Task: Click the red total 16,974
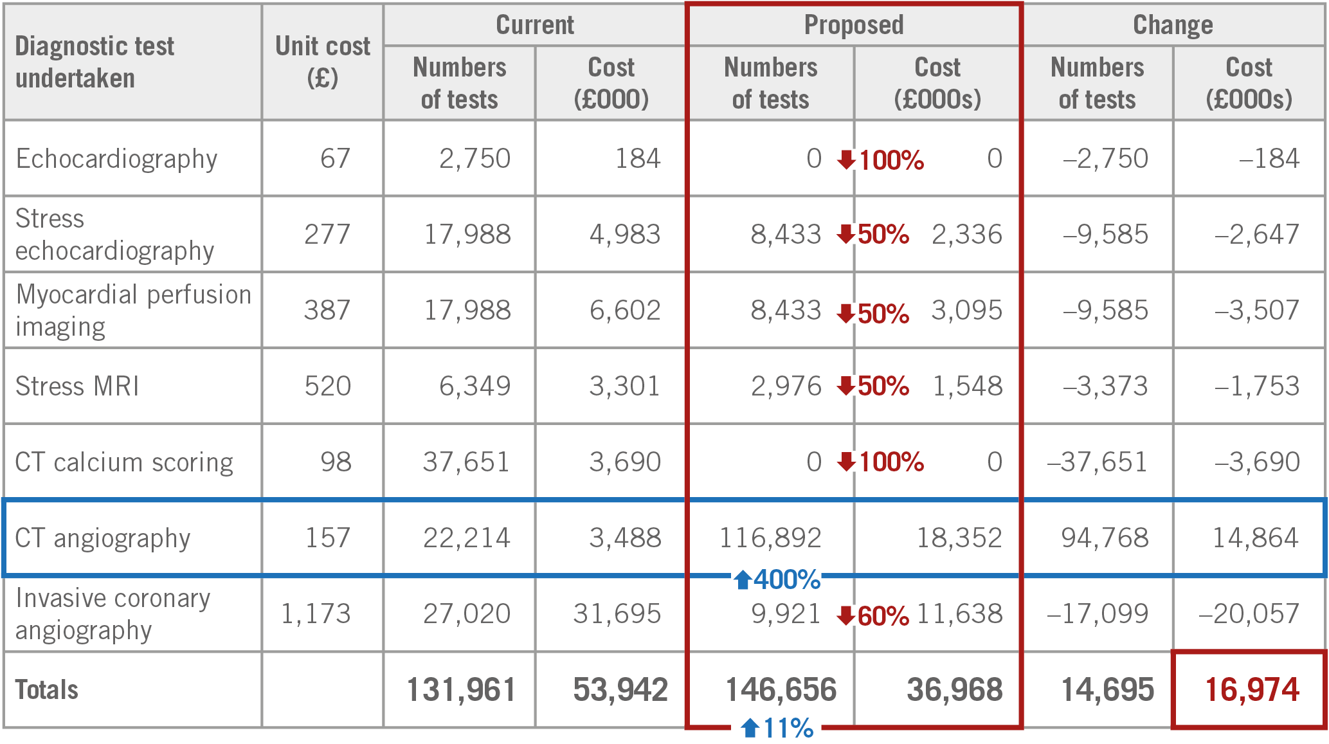click(x=1251, y=690)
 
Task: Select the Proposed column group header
click(x=854, y=25)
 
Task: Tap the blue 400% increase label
click(x=779, y=580)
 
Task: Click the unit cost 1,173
click(x=316, y=614)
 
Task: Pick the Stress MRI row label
click(x=77, y=386)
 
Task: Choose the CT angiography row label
click(x=103, y=538)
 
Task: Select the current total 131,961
click(x=461, y=690)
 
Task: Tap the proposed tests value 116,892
click(x=770, y=538)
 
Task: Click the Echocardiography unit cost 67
click(x=335, y=159)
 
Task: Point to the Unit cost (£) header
click(x=322, y=62)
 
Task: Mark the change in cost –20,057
click(x=1249, y=614)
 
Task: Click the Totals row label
click(x=47, y=690)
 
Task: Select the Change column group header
click(x=1173, y=25)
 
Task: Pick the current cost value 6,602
click(x=625, y=311)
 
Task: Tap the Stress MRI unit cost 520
click(x=327, y=386)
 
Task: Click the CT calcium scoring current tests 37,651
click(x=466, y=462)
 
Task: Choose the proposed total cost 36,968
click(x=954, y=690)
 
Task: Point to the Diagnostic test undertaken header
click(x=95, y=62)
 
